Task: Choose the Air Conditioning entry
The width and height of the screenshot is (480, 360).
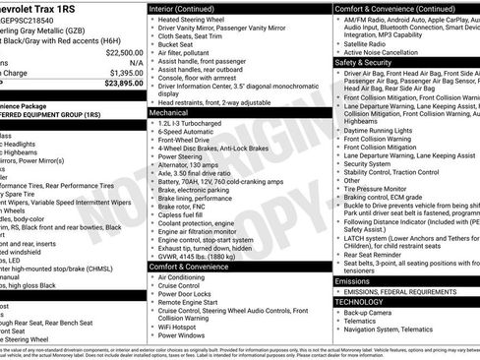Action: [189, 277]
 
